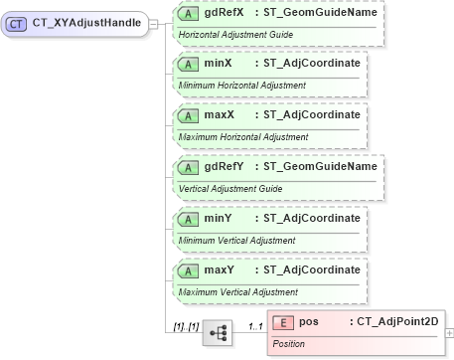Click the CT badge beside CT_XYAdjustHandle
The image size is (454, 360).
pos(17,24)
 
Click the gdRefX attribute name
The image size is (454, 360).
pos(224,13)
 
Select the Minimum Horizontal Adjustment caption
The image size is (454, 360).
pos(241,86)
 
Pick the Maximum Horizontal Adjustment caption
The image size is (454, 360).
pos(243,137)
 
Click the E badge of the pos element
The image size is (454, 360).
pos(284,323)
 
